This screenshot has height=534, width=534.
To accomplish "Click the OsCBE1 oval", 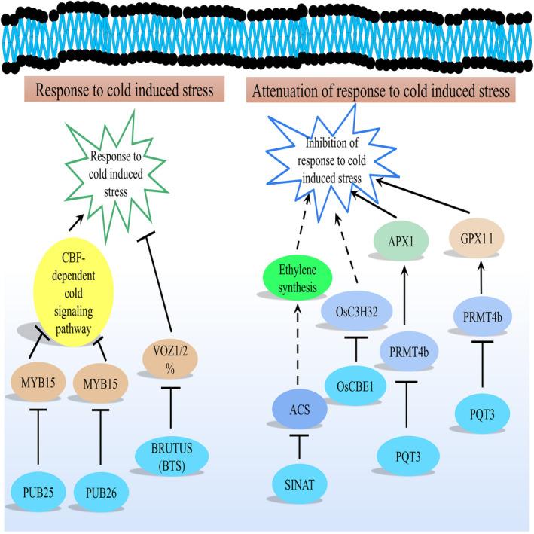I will point(364,386).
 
